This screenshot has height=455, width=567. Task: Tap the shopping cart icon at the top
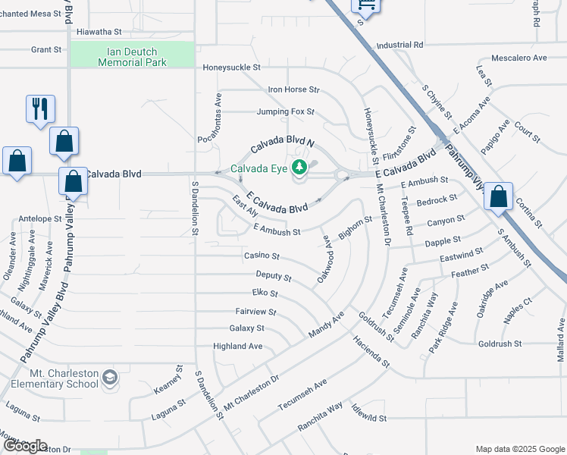tap(365, 5)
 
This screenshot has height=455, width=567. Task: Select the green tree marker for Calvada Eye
tap(300, 167)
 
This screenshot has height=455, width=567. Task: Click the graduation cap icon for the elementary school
tap(111, 377)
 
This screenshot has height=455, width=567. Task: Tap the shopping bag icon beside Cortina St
tap(499, 196)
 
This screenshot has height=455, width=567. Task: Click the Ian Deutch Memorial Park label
tap(132, 57)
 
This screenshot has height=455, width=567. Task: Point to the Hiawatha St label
tap(99, 33)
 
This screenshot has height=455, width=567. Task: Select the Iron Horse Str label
tap(294, 89)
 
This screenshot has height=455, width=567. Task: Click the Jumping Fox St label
tap(285, 111)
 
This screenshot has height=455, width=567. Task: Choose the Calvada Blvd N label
tap(283, 143)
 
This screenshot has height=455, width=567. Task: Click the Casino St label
tap(262, 256)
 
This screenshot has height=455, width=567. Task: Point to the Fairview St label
tap(255, 311)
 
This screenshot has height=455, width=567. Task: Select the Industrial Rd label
tap(398, 45)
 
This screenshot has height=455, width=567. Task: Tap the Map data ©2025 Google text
tap(519, 449)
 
